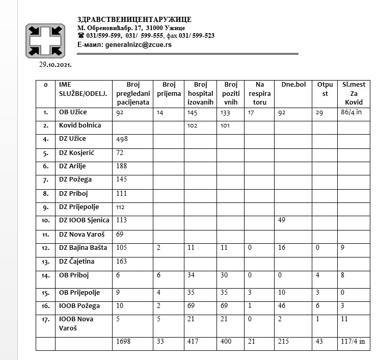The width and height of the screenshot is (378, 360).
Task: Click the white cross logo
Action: pyautogui.click(x=45, y=40)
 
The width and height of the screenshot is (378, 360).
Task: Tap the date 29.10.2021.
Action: pyautogui.click(x=56, y=65)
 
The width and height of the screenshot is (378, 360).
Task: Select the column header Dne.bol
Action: pyautogui.click(x=293, y=84)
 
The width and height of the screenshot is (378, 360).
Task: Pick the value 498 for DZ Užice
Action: pyautogui.click(x=123, y=139)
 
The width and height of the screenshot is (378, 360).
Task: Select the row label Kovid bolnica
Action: pyautogui.click(x=80, y=125)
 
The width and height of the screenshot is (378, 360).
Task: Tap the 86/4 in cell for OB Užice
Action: pyautogui.click(x=352, y=112)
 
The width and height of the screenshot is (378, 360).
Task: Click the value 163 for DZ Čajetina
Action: pyautogui.click(x=123, y=262)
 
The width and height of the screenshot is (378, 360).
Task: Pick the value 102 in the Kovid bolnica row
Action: pyautogui.click(x=193, y=125)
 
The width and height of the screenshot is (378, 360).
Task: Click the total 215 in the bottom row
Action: pyautogui.click(x=284, y=342)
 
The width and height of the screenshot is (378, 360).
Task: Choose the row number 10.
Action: pyautogui.click(x=46, y=221)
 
